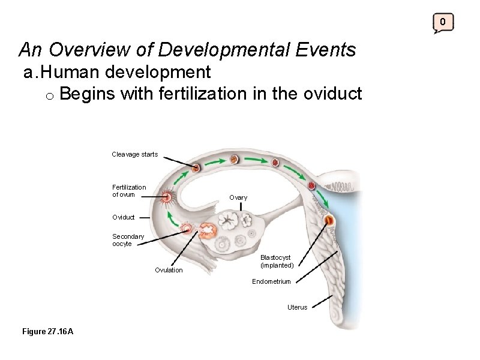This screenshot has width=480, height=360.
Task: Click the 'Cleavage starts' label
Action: (134, 154)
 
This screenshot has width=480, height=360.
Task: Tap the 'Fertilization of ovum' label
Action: (128, 190)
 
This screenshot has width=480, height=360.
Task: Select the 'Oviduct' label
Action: (123, 217)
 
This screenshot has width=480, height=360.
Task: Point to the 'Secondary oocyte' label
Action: (128, 240)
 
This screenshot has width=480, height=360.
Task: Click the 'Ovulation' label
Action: (169, 270)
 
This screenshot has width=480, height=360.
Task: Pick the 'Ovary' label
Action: (238, 197)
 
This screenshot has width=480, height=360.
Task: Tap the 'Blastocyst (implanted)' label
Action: (277, 261)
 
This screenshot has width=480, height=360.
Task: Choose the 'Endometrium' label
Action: (271, 281)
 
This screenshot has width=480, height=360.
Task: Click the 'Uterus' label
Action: (297, 307)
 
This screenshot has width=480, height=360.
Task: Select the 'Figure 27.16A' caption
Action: (47, 332)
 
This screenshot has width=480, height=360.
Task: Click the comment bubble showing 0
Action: (443, 23)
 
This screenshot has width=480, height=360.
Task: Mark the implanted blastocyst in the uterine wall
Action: (329, 221)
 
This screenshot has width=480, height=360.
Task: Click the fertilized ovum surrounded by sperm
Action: (167, 196)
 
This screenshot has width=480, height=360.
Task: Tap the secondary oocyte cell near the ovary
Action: (188, 228)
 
